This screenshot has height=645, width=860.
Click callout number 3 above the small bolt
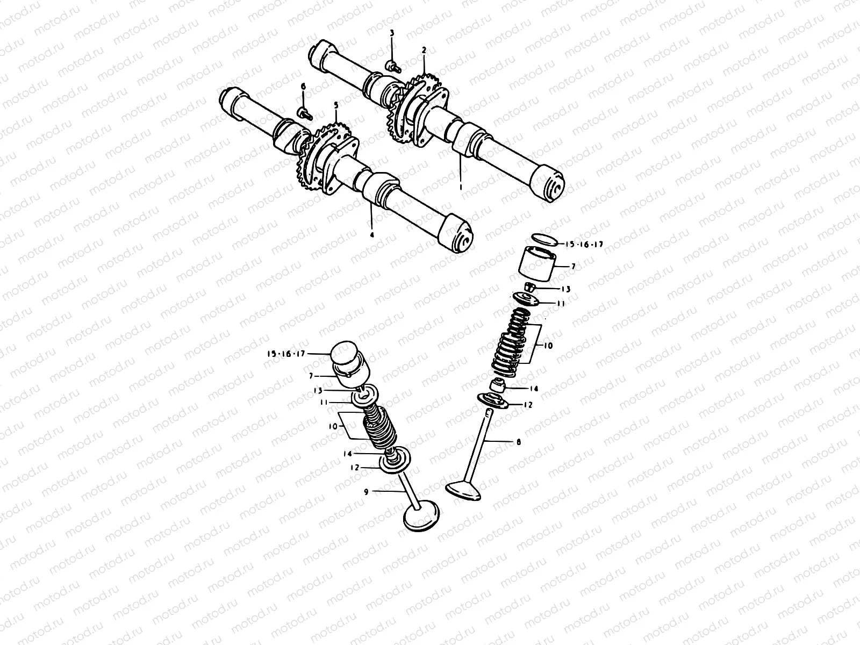tap(392, 33)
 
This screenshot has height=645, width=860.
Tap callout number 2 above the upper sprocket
tap(424, 50)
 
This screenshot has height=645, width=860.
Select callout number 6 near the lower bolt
tap(303, 87)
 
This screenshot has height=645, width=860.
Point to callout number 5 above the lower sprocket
tap(336, 105)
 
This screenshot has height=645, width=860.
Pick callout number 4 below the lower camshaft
tap(371, 234)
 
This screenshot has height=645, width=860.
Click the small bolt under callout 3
tap(394, 67)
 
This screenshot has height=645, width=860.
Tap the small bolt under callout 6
tap(305, 112)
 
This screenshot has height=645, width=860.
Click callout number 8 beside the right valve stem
tap(518, 442)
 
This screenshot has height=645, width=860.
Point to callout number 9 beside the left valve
tap(366, 491)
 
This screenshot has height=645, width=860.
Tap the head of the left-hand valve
tap(422, 515)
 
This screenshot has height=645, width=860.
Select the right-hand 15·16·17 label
tap(584, 244)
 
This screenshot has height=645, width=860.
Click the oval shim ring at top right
tap(543, 239)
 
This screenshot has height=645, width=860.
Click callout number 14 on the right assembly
tap(533, 388)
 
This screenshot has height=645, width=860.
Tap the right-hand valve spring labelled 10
tap(512, 344)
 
